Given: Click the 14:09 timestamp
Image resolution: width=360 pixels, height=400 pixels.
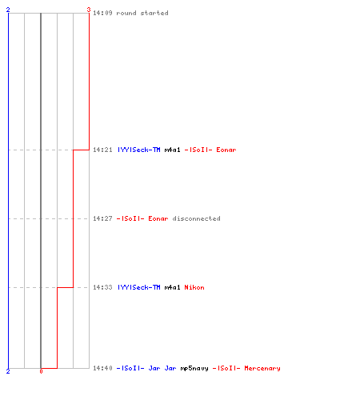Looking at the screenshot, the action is tap(102, 13).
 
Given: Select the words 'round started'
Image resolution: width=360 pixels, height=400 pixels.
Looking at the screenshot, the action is tap(142, 13).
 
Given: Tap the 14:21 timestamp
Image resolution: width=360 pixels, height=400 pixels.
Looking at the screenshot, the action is tap(102, 150).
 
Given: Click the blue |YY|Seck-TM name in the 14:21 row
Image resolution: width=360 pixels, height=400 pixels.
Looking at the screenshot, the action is tap(139, 150).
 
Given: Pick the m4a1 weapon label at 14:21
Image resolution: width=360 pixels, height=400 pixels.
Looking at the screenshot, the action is tap(172, 150).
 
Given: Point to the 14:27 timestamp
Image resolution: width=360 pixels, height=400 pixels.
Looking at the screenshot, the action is tap(102, 218).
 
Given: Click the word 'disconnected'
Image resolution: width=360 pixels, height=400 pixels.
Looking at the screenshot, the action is tap(196, 218).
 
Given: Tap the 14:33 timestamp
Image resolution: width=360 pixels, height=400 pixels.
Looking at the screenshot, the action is tap(102, 287).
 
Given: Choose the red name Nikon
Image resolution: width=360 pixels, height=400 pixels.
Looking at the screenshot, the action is tap(194, 287).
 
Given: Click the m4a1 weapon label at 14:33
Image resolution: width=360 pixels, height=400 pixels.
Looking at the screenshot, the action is tap(172, 287).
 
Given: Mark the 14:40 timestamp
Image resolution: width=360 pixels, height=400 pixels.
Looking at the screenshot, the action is tap(102, 368).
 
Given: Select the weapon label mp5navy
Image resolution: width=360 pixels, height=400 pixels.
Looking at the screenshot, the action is tap(194, 368).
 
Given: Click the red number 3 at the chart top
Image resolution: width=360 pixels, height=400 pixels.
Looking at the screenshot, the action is tap(89, 10).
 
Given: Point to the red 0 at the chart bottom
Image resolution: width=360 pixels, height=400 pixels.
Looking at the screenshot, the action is tap(41, 371).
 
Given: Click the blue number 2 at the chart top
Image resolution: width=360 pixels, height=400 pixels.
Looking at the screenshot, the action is tap(8, 10).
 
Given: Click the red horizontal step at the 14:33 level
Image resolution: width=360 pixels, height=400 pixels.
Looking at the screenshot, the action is tap(65, 287).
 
